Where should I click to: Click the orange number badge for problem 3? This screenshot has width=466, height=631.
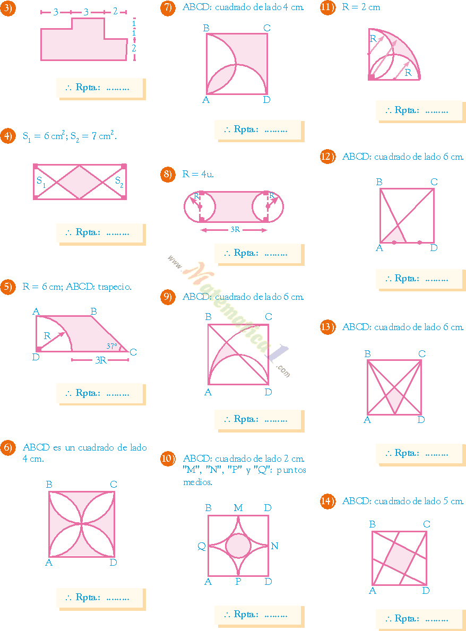pyautogui.click(x=7, y=9)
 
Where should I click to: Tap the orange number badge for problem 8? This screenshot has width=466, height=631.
pyautogui.click(x=168, y=174)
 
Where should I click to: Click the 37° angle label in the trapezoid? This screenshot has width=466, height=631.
pyautogui.click(x=111, y=346)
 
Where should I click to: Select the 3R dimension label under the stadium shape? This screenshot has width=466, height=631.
pyautogui.click(x=234, y=230)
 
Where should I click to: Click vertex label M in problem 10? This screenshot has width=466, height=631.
pyautogui.click(x=238, y=508)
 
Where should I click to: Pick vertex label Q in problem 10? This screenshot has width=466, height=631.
pyautogui.click(x=202, y=546)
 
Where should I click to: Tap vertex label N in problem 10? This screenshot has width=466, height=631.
pyautogui.click(x=274, y=546)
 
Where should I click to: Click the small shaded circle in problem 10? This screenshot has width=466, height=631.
pyautogui.click(x=238, y=546)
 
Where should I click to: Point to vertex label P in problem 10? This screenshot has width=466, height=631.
pyautogui.click(x=238, y=582)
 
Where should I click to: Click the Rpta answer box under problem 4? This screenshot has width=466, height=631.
pyautogui.click(x=100, y=233)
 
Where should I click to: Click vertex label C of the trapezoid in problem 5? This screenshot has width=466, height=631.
pyautogui.click(x=133, y=352)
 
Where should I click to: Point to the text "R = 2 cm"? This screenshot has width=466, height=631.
pyautogui.click(x=361, y=7)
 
